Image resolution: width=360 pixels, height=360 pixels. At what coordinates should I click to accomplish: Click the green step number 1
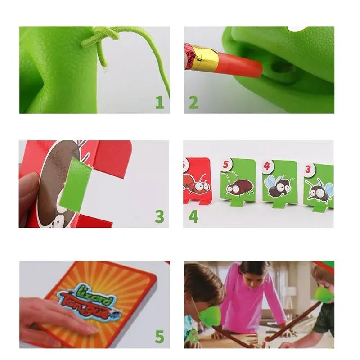pyautogui.click(x=159, y=103)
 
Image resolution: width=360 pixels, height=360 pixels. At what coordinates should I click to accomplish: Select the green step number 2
pyautogui.click(x=193, y=103)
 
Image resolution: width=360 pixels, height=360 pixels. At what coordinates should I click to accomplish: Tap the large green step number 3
pyautogui.click(x=159, y=216)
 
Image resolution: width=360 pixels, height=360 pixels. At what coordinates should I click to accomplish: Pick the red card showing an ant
pyautogui.click(x=197, y=180)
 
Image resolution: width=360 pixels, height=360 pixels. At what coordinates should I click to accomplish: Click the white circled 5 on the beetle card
pyautogui.click(x=225, y=165)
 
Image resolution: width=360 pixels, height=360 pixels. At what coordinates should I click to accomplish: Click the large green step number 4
pyautogui.click(x=193, y=216)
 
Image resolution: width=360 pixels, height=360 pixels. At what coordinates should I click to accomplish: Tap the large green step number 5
pyautogui.click(x=159, y=336)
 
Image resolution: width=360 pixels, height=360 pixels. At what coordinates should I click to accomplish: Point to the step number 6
pyautogui.click(x=193, y=337)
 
